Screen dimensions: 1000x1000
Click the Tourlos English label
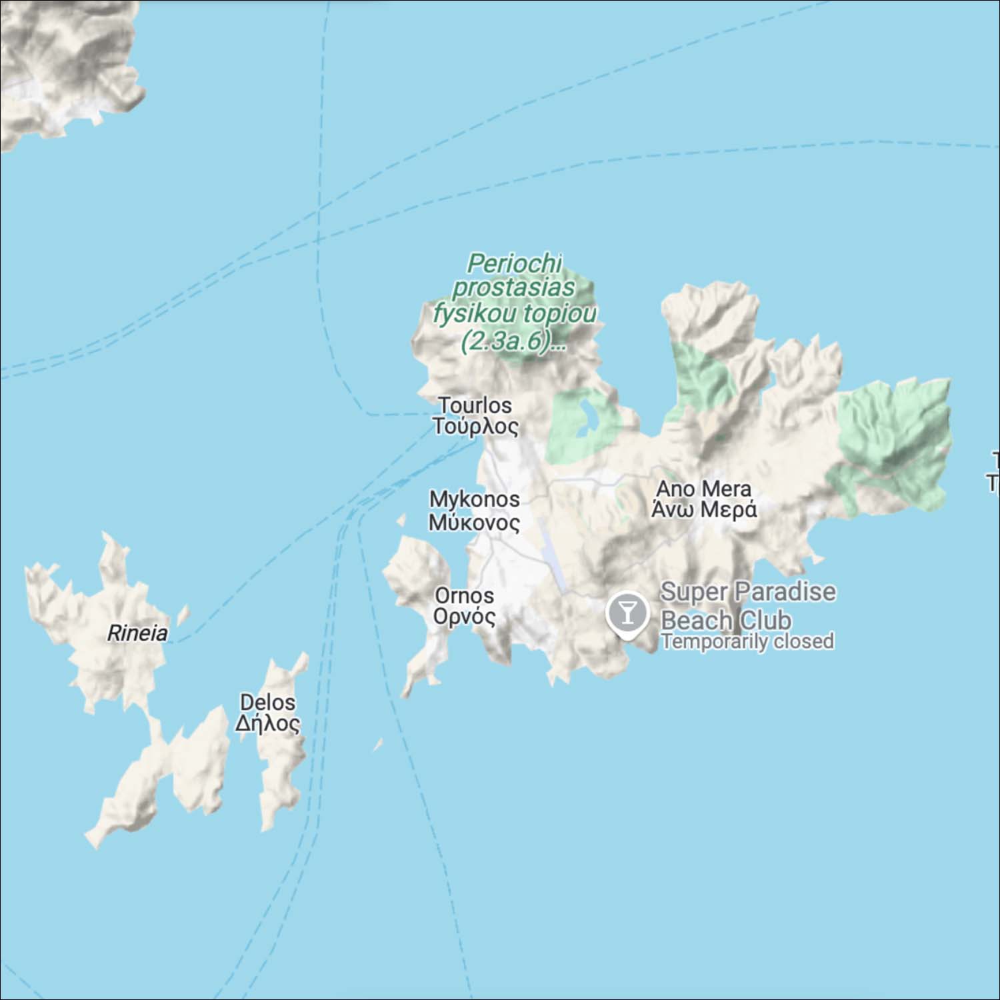475,405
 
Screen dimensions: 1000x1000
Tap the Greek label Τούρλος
475,426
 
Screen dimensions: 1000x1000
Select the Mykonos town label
474,499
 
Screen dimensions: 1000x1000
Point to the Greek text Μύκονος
474,522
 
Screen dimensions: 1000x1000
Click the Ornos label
464,595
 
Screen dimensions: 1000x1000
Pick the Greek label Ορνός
464,616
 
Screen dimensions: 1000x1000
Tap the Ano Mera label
703,489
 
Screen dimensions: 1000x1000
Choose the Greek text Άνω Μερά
703,510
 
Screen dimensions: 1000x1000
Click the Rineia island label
137,633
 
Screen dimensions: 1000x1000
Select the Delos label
267,702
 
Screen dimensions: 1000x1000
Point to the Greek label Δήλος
267,723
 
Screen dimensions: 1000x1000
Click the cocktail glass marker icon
627,611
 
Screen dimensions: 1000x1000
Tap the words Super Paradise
747,591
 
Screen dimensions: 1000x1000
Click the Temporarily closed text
747,641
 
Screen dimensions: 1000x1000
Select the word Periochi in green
514,263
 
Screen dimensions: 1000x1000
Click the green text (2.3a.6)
507,341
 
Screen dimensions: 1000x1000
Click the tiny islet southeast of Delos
378,745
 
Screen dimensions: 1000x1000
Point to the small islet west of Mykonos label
401,519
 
